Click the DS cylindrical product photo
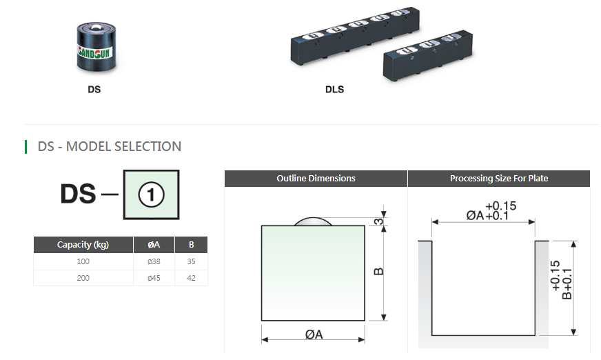click(94, 46)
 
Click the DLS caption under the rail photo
click(334, 90)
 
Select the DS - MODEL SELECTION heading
click(110, 146)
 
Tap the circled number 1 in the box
click(151, 195)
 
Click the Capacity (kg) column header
click(83, 245)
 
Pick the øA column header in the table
click(154, 245)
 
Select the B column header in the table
click(191, 245)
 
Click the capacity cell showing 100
click(83, 261)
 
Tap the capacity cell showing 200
click(83, 278)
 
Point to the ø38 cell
click(154, 261)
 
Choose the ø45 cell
click(154, 278)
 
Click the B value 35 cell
click(191, 261)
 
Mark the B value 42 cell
click(191, 278)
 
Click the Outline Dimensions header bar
click(316, 179)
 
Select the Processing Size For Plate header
click(499, 179)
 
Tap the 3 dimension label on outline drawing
click(378, 221)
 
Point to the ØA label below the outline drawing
click(314, 334)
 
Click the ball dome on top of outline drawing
click(314, 221)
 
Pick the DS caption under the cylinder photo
click(94, 90)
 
